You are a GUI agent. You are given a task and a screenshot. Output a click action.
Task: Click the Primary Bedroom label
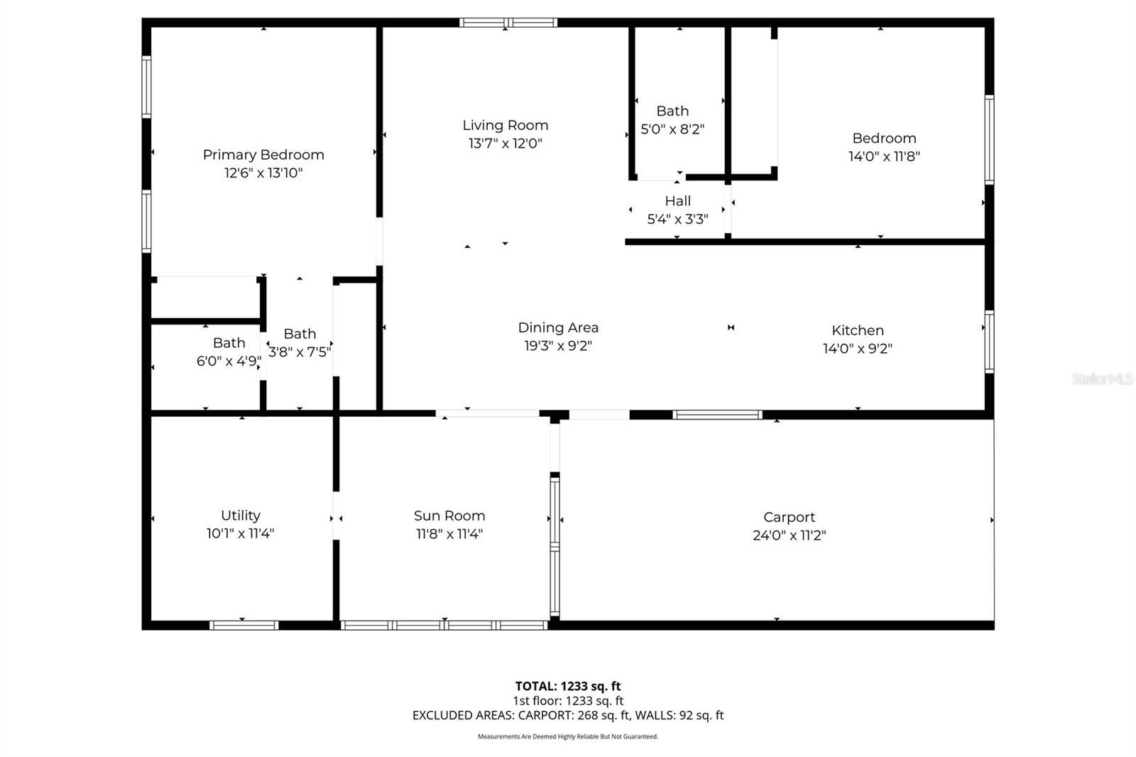tap(263, 155)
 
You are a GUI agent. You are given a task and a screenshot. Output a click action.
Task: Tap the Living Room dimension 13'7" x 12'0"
tap(505, 143)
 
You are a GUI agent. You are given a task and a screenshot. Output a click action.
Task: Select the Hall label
tap(677, 201)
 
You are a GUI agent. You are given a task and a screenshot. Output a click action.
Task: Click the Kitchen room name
tap(857, 330)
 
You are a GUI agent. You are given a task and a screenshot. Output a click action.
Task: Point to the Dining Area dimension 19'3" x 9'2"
tap(557, 346)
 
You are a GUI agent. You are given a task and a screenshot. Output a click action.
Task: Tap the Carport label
tap(789, 517)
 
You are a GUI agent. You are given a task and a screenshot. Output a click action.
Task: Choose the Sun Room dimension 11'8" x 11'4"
tap(449, 534)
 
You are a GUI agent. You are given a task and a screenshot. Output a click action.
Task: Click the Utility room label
tap(240, 516)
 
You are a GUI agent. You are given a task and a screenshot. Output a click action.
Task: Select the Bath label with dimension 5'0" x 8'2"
tap(672, 111)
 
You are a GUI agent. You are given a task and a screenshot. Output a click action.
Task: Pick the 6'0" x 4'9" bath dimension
tap(229, 361)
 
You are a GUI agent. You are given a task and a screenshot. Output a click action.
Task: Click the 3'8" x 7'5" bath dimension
tap(300, 352)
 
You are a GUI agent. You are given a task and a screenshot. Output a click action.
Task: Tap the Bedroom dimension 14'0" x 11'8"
tap(884, 156)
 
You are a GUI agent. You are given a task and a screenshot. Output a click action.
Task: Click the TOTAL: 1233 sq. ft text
tap(567, 686)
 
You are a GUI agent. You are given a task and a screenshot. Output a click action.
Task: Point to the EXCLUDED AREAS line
tap(567, 715)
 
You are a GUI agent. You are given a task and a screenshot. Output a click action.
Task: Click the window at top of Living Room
tap(508, 23)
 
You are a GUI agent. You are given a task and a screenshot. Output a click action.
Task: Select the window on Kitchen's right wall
tap(989, 342)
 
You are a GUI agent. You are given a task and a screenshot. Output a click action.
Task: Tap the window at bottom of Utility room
tap(244, 625)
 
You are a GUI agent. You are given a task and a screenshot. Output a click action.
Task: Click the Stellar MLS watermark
tap(1102, 379)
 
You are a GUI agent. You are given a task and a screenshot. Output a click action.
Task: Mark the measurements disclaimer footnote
tap(567, 736)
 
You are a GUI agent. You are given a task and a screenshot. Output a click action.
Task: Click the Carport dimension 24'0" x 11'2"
tap(789, 535)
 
